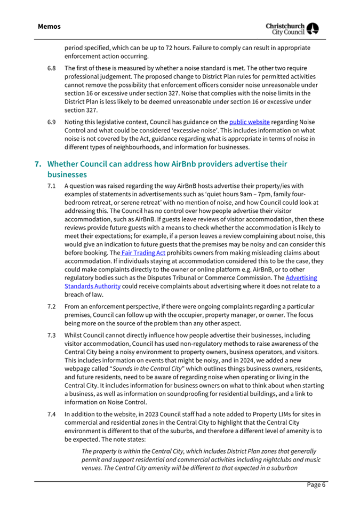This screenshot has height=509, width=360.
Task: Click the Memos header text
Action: (49, 26)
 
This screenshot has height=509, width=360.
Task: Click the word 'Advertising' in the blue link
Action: (301, 278)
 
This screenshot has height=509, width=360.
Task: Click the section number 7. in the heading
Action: (37, 163)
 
